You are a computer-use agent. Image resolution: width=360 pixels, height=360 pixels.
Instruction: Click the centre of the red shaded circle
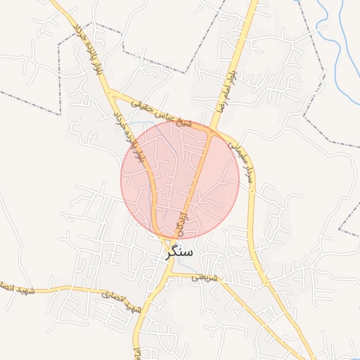(x=180, y=179)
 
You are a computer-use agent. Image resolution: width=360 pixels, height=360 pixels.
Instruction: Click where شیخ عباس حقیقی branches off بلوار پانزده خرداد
(x=112, y=92)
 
